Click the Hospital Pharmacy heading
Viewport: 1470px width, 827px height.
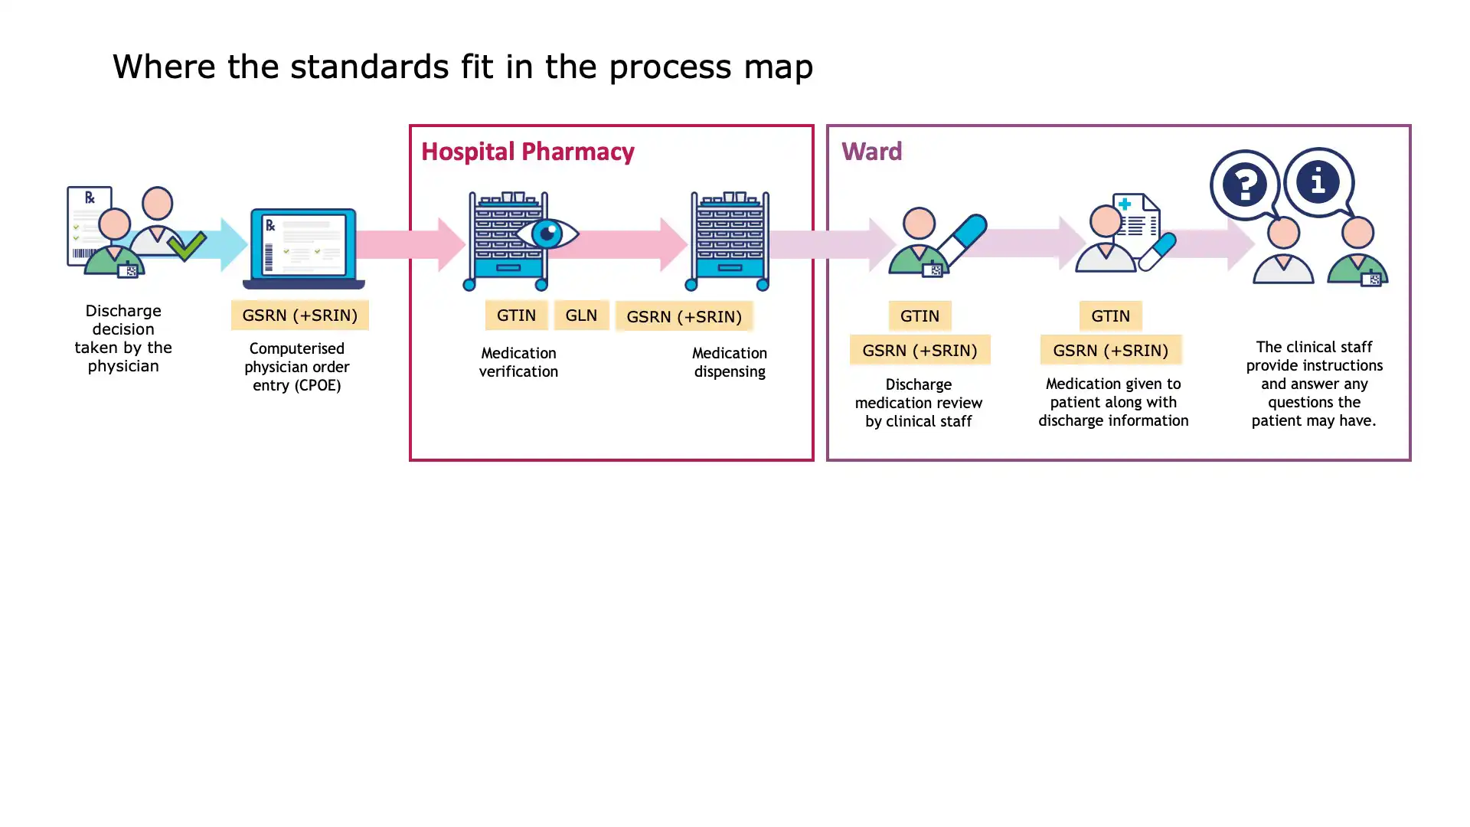click(x=528, y=152)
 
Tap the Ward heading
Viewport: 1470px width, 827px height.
click(x=871, y=152)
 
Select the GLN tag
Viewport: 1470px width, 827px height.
click(x=581, y=315)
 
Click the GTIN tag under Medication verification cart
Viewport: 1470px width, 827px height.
click(x=516, y=315)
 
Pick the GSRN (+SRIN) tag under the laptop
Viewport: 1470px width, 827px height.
click(x=299, y=315)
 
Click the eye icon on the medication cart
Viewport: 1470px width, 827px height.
click(x=547, y=234)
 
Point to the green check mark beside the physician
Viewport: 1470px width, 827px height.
click(x=186, y=246)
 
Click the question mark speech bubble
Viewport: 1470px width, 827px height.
click(x=1245, y=185)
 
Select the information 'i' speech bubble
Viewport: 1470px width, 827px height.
click(x=1318, y=181)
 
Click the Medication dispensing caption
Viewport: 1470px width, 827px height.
click(x=729, y=362)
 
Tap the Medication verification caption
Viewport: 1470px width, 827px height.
click(x=518, y=362)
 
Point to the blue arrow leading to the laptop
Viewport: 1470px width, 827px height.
click(x=230, y=244)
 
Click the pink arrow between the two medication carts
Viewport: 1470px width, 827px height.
click(x=635, y=244)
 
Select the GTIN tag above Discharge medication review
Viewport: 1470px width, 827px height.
click(x=920, y=315)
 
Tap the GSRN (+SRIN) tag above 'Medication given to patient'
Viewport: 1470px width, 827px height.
click(x=1110, y=350)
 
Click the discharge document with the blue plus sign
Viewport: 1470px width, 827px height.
click(x=1137, y=218)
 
